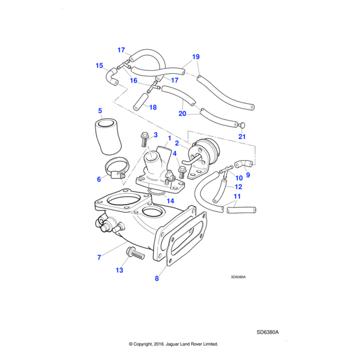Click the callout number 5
click(x=100, y=110)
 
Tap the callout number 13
click(x=119, y=271)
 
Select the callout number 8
click(x=157, y=278)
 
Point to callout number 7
click(x=99, y=257)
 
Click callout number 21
click(x=242, y=137)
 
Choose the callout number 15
click(x=99, y=66)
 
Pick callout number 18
click(x=153, y=107)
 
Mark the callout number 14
click(x=170, y=201)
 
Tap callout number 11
click(x=237, y=196)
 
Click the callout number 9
click(x=248, y=175)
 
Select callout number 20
click(x=182, y=113)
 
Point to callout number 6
click(x=99, y=179)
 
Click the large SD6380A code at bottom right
click(x=268, y=332)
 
